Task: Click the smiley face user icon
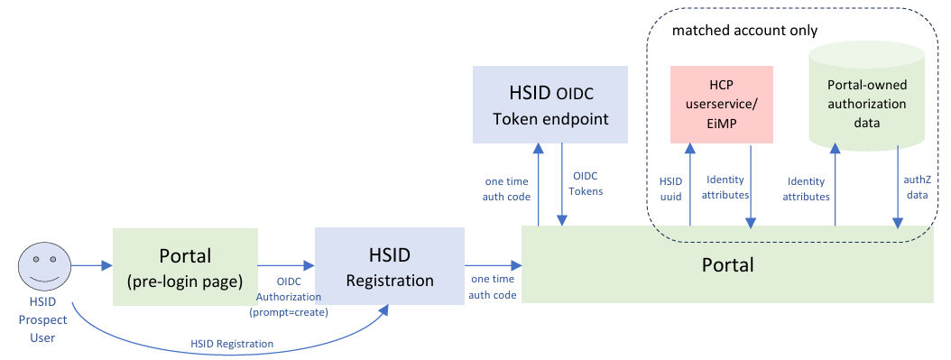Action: (44, 267)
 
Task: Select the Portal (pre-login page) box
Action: (185, 267)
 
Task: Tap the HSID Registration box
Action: (390, 266)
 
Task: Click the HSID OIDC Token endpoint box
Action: (550, 105)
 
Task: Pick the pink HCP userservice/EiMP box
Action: (721, 105)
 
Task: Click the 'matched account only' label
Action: (744, 31)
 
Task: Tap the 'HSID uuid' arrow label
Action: (670, 189)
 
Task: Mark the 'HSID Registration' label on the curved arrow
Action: (232, 344)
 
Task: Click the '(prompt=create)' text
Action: (288, 313)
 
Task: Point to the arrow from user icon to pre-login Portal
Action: (92, 265)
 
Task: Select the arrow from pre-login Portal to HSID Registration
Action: (286, 265)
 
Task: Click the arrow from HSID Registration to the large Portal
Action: (493, 265)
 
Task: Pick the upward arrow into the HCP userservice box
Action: (689, 185)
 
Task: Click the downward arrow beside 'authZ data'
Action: (897, 187)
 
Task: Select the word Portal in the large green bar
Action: (728, 265)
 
